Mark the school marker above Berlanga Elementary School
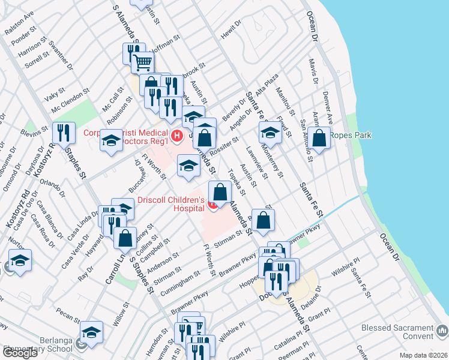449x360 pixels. (x=91, y=332)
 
